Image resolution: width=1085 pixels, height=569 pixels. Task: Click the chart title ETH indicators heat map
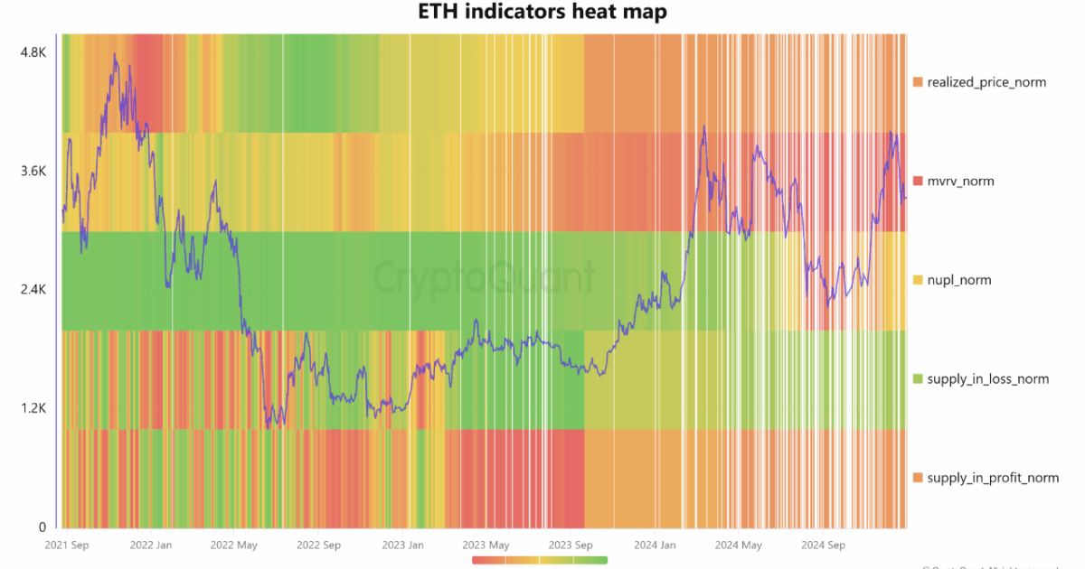(x=542, y=13)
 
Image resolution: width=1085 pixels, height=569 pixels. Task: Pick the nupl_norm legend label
(x=959, y=280)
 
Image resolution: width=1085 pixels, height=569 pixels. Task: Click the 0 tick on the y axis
(x=41, y=527)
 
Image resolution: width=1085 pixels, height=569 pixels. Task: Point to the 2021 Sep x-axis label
(x=67, y=546)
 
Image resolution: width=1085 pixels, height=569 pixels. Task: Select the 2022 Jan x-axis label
(x=151, y=546)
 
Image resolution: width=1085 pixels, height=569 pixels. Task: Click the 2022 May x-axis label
(x=234, y=546)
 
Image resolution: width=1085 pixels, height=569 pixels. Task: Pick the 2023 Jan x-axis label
(x=401, y=546)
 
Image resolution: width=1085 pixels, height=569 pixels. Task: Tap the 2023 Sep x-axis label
(x=571, y=546)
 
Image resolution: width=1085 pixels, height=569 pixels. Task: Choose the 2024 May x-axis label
(x=738, y=546)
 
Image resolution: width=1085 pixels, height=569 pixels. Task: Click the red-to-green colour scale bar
(x=540, y=560)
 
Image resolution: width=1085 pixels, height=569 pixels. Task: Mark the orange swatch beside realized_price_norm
(x=918, y=82)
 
